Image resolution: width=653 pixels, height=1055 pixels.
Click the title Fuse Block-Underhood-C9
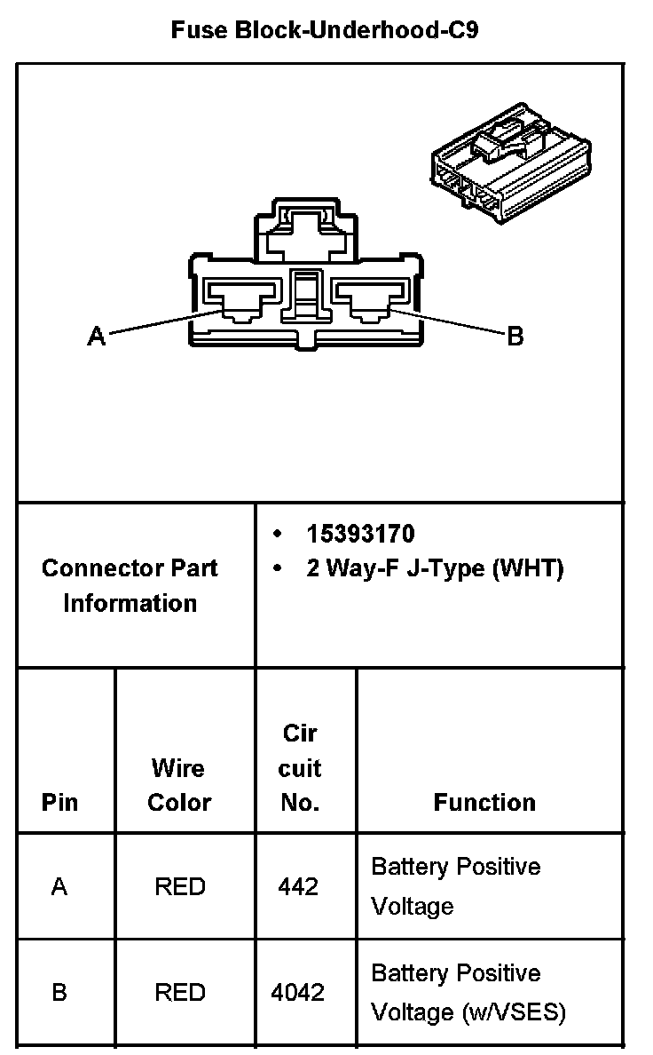(x=326, y=31)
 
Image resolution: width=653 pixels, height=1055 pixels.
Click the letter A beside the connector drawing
(x=96, y=336)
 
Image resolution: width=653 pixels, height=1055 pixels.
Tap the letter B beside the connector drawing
(x=515, y=337)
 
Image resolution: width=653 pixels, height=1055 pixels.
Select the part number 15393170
(x=360, y=534)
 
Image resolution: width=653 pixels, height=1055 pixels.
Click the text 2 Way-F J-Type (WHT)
(x=435, y=568)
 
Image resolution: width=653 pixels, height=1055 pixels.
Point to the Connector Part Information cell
(x=130, y=585)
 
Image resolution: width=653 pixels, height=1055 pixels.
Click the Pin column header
(x=59, y=803)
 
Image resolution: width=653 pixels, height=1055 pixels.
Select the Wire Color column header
(x=179, y=785)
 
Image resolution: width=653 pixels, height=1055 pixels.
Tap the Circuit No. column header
(x=300, y=768)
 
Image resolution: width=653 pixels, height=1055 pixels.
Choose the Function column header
(x=484, y=803)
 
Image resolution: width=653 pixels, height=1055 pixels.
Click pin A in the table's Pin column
(x=59, y=886)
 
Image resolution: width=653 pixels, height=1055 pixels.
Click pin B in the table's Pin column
(x=59, y=992)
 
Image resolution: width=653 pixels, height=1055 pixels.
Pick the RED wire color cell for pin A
(x=179, y=886)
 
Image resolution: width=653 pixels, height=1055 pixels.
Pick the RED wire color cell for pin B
(x=179, y=992)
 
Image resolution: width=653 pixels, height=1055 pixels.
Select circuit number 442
(x=298, y=886)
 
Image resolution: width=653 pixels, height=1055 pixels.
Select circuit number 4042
(x=300, y=992)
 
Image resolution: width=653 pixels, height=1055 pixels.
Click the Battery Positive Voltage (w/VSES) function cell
(x=468, y=993)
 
